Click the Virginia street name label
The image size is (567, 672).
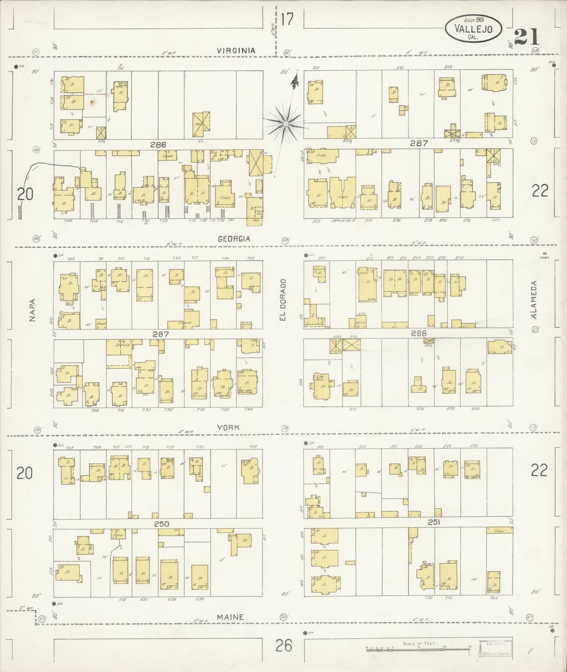click(237, 51)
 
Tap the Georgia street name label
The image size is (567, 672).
click(234, 239)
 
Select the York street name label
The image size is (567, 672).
click(229, 427)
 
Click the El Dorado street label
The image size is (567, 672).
click(283, 300)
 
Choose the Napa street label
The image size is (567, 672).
click(32, 310)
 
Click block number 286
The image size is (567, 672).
click(158, 145)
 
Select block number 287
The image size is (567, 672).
click(419, 143)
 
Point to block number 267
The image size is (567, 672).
click(161, 334)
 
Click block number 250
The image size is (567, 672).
click(161, 524)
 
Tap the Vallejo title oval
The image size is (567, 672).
click(474, 29)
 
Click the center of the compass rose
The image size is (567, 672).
click(286, 124)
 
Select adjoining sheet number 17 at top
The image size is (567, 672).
click(287, 19)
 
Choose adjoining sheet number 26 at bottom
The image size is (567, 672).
click(284, 645)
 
